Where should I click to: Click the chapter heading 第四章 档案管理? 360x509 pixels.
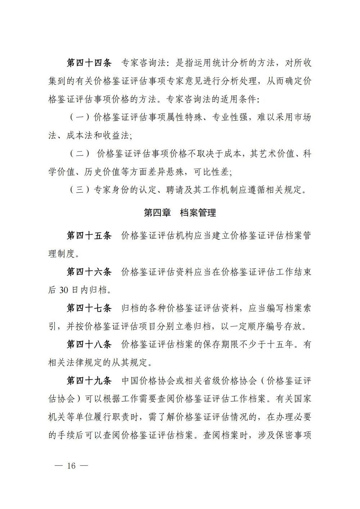point(180,213)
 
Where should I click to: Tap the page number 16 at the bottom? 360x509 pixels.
point(71,466)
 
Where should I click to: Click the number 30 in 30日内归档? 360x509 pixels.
point(63,290)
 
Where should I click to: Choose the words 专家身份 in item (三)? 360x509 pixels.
point(112,190)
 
